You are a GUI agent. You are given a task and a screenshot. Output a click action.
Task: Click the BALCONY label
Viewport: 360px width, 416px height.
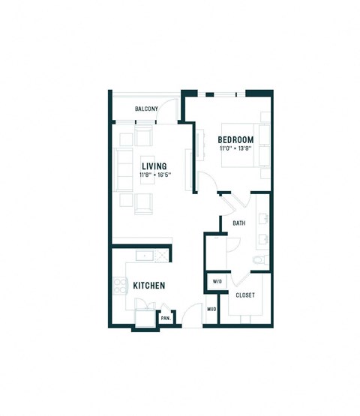point(146,109)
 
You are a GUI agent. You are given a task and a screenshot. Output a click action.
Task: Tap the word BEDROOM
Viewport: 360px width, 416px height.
point(235,139)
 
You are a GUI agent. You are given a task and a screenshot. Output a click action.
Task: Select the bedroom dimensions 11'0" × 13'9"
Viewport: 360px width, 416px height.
point(235,148)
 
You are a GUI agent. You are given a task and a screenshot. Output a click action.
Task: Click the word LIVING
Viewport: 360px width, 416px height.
point(154,166)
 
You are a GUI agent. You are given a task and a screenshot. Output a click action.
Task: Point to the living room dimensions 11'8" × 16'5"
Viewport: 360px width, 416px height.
point(155,175)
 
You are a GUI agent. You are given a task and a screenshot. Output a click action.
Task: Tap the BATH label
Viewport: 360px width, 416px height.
point(239,223)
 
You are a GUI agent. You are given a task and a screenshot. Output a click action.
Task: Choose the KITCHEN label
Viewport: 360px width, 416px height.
point(148,286)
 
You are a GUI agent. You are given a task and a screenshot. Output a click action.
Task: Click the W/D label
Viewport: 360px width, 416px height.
point(217,283)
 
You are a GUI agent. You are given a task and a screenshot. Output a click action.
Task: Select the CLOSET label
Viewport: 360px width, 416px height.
point(245,295)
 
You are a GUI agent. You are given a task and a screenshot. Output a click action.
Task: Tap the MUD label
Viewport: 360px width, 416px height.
point(211,309)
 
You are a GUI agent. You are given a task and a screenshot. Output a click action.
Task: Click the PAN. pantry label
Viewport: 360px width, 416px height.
point(165,319)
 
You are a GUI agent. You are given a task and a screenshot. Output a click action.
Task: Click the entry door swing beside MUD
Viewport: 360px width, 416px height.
point(193,315)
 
